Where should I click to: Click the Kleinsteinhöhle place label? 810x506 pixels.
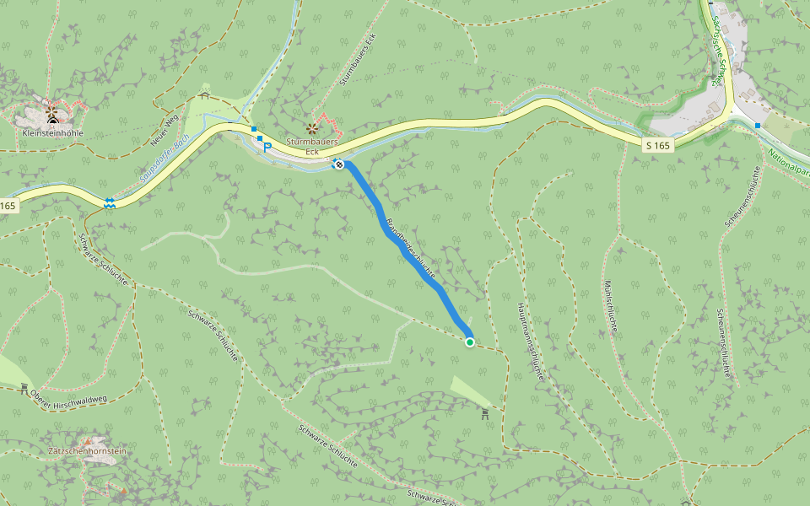(x=51, y=133)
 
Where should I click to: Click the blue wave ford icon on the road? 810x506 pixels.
(x=110, y=202)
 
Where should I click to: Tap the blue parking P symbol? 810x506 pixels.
(x=268, y=147)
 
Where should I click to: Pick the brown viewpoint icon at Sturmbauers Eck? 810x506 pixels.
(x=311, y=128)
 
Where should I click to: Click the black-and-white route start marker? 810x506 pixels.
(x=338, y=164)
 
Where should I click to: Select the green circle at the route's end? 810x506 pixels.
(x=470, y=342)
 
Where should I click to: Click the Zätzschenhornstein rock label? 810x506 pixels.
(x=88, y=451)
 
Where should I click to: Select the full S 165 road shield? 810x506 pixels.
(x=657, y=146)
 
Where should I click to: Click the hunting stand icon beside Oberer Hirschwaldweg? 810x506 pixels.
(x=24, y=388)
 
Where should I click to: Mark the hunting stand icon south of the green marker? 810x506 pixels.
(x=484, y=414)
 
